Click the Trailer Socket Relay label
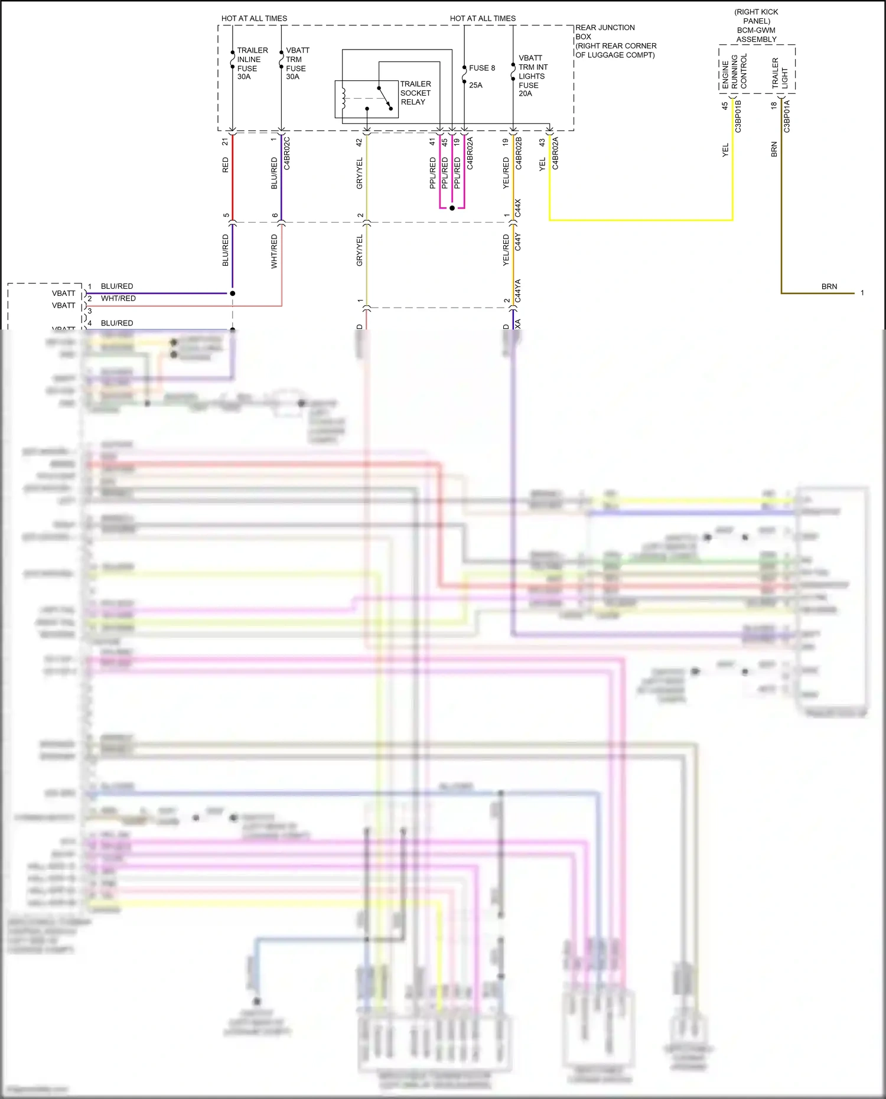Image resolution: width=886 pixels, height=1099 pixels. [415, 93]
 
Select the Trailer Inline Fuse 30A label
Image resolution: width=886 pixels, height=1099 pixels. [252, 63]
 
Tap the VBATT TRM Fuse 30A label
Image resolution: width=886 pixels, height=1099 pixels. [297, 63]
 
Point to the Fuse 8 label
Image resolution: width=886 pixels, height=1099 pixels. [481, 68]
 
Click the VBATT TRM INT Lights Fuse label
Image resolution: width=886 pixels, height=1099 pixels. [532, 76]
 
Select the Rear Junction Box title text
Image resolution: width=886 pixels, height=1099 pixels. [615, 41]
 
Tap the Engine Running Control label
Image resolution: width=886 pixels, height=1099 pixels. [734, 71]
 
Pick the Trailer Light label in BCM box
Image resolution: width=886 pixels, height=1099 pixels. [780, 73]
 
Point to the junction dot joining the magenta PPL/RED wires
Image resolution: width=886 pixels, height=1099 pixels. [452, 208]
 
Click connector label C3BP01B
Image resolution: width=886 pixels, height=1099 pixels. [738, 116]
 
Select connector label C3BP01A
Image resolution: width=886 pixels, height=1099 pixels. [787, 116]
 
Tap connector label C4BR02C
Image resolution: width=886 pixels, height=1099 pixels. [287, 154]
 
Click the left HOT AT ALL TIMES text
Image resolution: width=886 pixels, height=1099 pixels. [254, 18]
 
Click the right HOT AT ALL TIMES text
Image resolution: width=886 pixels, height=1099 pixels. [483, 18]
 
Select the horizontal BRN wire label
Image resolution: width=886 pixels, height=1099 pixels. [829, 286]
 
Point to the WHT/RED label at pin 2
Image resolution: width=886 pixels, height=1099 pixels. [118, 298]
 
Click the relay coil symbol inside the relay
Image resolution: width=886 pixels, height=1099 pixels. [343, 98]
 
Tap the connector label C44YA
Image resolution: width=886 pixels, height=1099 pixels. [518, 291]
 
